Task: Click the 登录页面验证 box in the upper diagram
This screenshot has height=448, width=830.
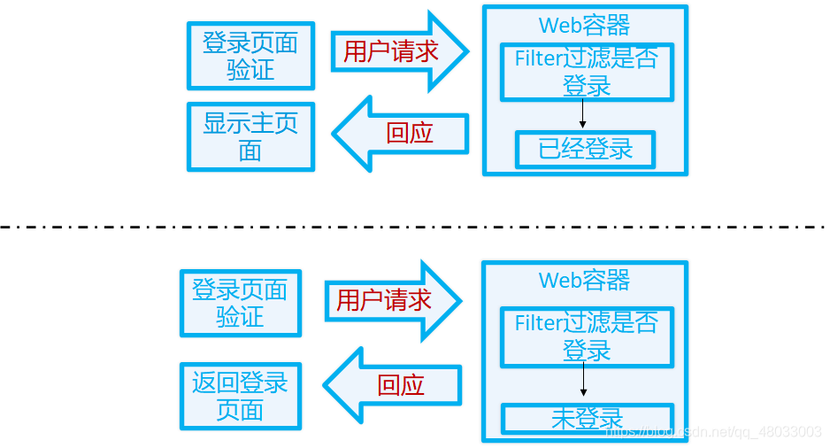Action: pyautogui.click(x=250, y=57)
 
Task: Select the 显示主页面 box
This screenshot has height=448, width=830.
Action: pyautogui.click(x=250, y=136)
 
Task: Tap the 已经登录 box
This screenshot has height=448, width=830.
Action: pyautogui.click(x=585, y=149)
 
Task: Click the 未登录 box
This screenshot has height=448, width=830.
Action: pyautogui.click(x=587, y=418)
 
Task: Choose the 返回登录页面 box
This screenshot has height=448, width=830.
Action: pyautogui.click(x=240, y=396)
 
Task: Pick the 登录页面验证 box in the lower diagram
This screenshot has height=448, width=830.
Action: pyautogui.click(x=240, y=303)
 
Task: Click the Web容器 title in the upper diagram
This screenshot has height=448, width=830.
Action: pyautogui.click(x=584, y=26)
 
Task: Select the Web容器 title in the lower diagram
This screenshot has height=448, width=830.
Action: pyautogui.click(x=584, y=281)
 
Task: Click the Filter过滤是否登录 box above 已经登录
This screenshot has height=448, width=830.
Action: pyautogui.click(x=586, y=72)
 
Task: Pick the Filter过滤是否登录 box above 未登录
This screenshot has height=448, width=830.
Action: pyautogui.click(x=586, y=336)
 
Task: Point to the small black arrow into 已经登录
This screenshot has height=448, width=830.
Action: pyautogui.click(x=583, y=115)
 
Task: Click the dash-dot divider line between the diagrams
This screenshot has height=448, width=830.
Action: pyautogui.click(x=415, y=227)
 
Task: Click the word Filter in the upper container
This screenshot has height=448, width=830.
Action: pyautogui.click(x=537, y=58)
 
